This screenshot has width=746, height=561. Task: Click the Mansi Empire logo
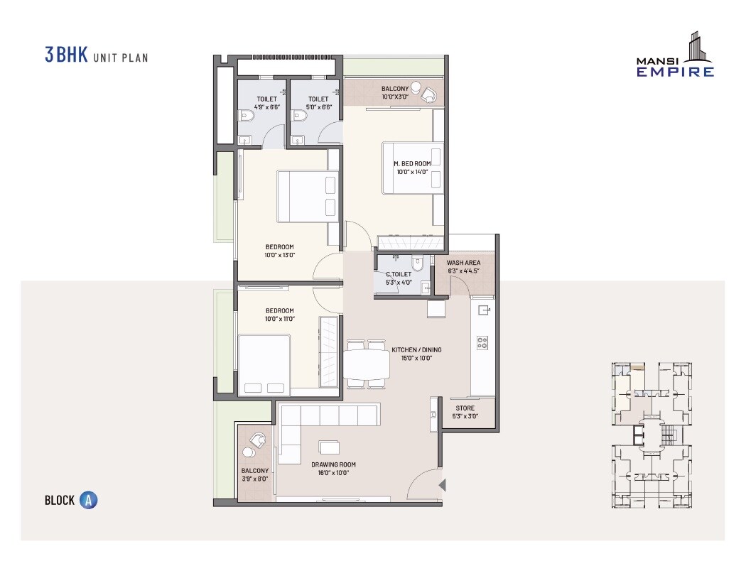(x=675, y=55)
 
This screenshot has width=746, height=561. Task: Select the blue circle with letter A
(x=88, y=500)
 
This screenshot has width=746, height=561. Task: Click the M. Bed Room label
(x=412, y=168)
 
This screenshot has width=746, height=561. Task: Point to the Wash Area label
(x=463, y=266)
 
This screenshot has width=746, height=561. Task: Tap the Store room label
(x=465, y=412)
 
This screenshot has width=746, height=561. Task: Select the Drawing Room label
(x=333, y=469)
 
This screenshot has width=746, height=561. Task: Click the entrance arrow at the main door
(x=442, y=486)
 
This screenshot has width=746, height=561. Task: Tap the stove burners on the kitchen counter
(x=483, y=342)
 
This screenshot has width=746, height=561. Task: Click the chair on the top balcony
(x=428, y=94)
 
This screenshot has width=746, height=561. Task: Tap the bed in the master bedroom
(x=413, y=168)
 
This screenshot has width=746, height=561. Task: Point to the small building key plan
(x=650, y=435)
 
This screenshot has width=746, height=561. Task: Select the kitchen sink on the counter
(x=484, y=310)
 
